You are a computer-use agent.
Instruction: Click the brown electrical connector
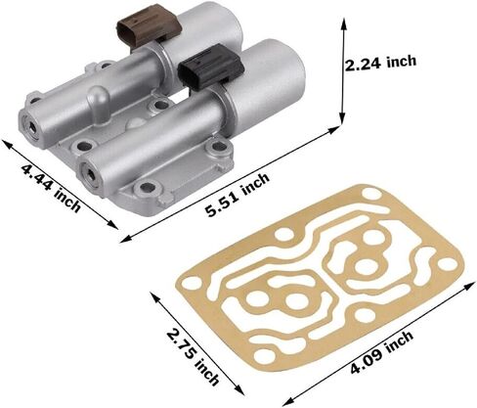coord(149,29)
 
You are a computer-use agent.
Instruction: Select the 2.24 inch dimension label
coord(380,62)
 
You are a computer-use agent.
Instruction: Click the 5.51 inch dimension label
coord(238,195)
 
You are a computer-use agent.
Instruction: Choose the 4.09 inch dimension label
coord(381,352)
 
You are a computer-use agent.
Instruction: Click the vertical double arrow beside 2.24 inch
coord(342,71)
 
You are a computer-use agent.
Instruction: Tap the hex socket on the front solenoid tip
coord(89,170)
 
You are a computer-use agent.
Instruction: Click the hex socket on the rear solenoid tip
coord(31,126)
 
